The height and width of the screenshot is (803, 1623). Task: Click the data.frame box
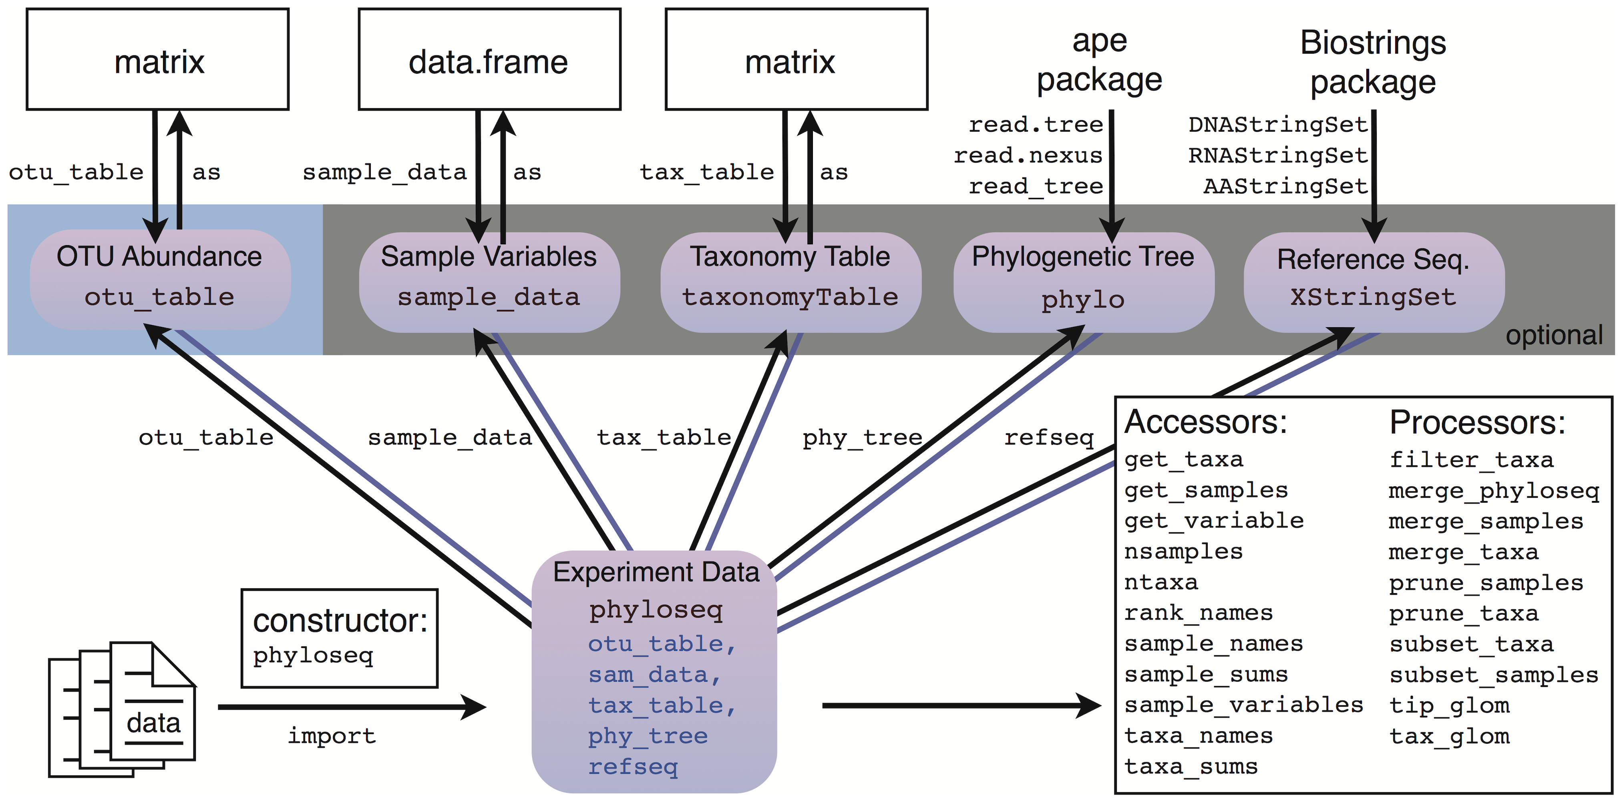(489, 60)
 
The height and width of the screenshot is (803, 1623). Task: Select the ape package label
(1100, 61)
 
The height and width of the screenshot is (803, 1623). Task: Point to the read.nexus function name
(1028, 155)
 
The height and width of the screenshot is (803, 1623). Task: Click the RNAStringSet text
(1278, 155)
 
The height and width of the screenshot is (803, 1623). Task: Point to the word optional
(1554, 335)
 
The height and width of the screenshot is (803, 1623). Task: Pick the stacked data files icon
(122, 709)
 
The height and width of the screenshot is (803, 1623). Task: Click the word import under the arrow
(332, 736)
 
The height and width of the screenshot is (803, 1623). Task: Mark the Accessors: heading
(1206, 422)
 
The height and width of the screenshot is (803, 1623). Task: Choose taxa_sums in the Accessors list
(1191, 767)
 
